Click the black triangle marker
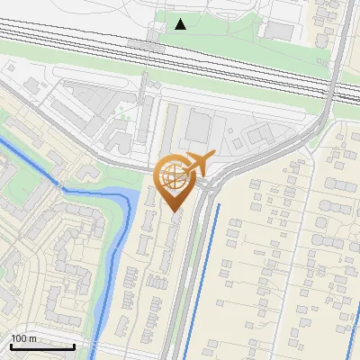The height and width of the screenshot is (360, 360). [x=181, y=24]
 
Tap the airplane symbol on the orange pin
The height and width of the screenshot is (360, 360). [x=201, y=163]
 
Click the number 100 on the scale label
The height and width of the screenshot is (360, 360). [x=19, y=338]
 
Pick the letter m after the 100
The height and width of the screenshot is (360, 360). [x=32, y=338]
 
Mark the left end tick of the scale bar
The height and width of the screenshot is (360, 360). [x=11, y=346]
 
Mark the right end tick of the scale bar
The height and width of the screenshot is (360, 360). [x=74, y=346]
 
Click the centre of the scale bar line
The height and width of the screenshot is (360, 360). [x=42, y=346]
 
